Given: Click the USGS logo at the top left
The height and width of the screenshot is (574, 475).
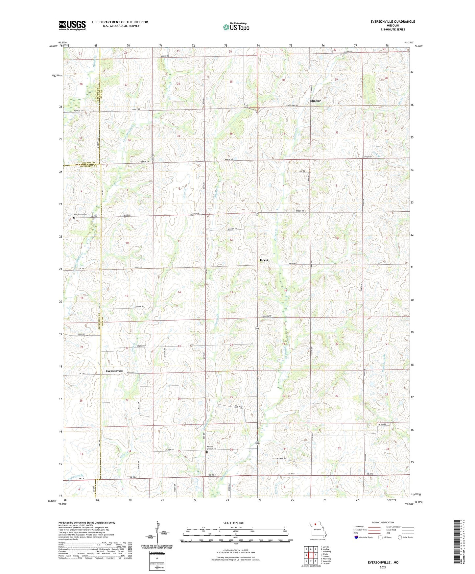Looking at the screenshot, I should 72,25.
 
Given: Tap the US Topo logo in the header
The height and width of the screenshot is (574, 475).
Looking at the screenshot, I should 236,27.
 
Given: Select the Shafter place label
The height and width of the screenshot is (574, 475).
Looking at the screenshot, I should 315,101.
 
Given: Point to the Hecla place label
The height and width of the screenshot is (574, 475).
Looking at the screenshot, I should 264,260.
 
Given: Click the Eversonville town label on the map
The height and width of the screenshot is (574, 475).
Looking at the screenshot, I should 114,371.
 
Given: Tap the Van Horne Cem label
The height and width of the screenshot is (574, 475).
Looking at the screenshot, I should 81,214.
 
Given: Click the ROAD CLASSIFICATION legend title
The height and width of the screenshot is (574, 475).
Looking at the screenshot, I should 383,523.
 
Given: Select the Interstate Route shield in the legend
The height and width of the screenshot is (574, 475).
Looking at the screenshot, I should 356,537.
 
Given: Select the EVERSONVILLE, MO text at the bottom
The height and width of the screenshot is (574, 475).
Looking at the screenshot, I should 383,562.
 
